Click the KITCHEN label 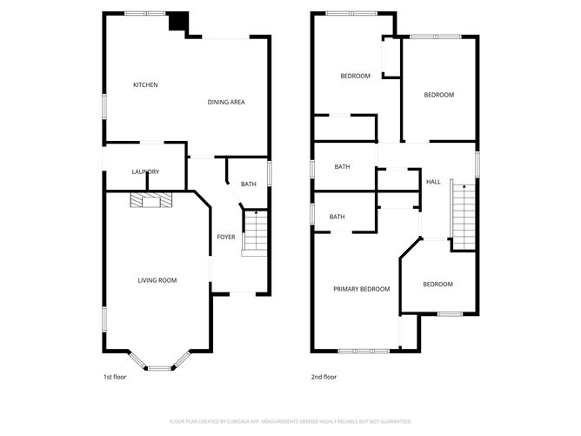144,84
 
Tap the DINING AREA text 225,103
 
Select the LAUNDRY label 145,171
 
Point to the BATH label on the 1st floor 249,184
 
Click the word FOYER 225,237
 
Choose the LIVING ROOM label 157,280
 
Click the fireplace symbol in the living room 151,201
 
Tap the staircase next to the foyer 254,232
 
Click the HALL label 433,182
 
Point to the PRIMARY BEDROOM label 361,289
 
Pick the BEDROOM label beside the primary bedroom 437,285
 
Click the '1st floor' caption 116,377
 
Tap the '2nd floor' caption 324,377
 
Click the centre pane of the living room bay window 159,368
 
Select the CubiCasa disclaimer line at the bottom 290,420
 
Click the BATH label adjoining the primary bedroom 337,217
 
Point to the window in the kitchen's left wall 104,104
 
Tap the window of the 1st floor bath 269,172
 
